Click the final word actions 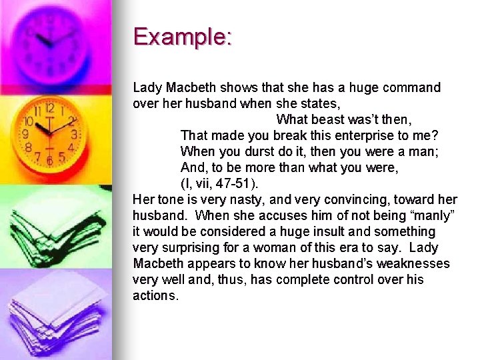(155, 296)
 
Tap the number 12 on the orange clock (49, 108)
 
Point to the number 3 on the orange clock (74, 135)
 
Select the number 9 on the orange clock (25, 134)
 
